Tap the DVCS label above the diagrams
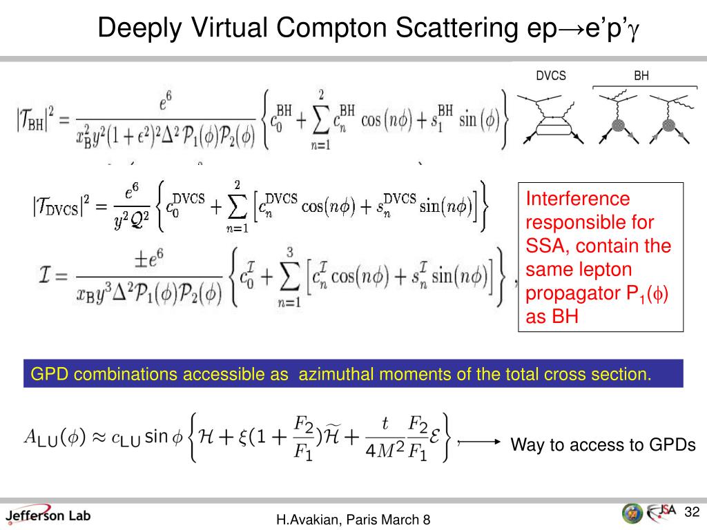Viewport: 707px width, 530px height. (x=551, y=76)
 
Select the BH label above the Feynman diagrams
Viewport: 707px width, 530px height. (x=641, y=76)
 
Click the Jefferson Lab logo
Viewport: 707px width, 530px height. (x=48, y=515)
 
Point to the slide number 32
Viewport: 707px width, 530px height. (x=692, y=511)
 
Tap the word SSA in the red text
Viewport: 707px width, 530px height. (x=543, y=246)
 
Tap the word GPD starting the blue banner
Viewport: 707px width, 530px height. (x=46, y=374)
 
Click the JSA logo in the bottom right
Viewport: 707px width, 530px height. (x=661, y=512)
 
